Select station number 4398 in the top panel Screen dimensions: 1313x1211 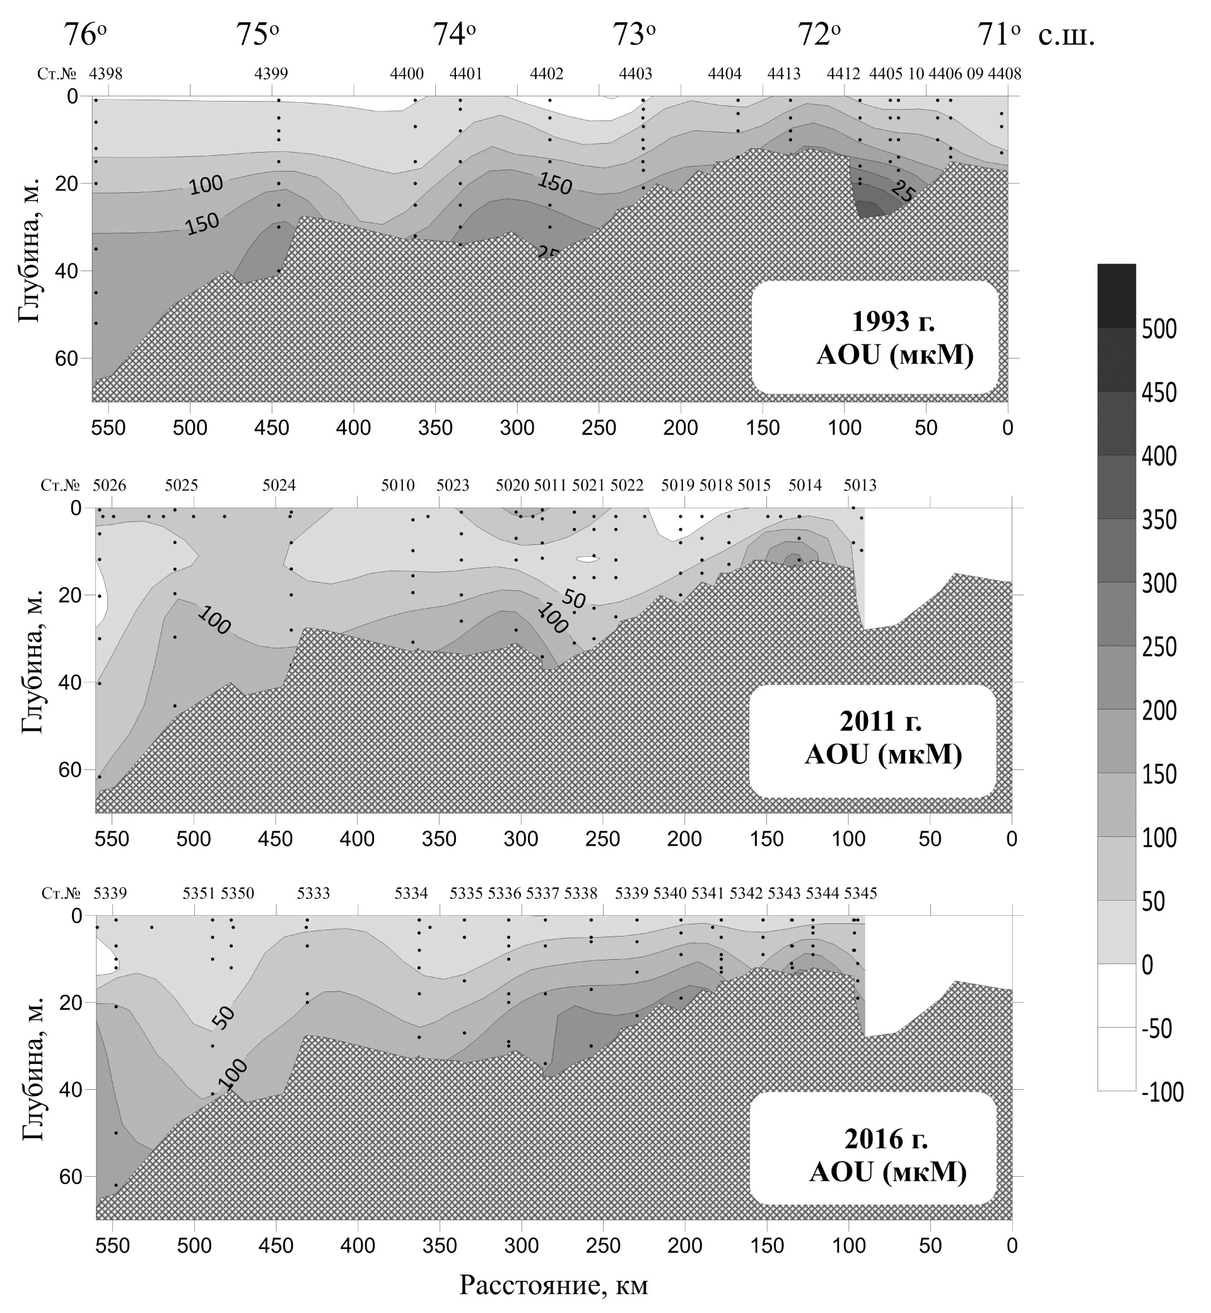(105, 74)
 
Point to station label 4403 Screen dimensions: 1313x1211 (636, 74)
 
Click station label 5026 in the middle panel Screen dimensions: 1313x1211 (110, 486)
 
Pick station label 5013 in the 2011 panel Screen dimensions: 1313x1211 (860, 486)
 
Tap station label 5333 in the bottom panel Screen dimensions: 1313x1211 (313, 894)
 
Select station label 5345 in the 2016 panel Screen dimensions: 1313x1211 (860, 894)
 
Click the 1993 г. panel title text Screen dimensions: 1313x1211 (894, 322)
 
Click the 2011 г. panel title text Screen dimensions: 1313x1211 (880, 721)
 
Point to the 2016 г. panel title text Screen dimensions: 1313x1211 (886, 1140)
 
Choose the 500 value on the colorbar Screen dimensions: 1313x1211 (1159, 329)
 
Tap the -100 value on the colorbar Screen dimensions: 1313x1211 (1162, 1092)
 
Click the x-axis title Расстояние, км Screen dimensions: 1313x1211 (554, 1286)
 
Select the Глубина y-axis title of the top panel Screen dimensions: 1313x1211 (30, 249)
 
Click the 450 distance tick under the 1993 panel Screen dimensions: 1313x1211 (271, 428)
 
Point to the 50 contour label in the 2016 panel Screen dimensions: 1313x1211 (223, 1017)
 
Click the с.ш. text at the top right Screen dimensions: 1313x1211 (1066, 35)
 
